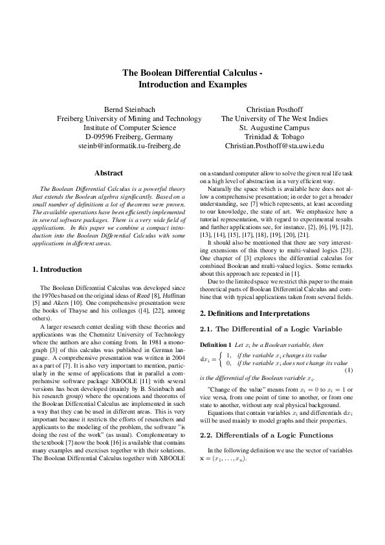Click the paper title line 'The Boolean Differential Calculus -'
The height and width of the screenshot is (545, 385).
[x=193, y=72]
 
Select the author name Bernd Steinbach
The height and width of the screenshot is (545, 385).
[x=129, y=109]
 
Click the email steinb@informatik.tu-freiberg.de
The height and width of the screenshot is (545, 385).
[x=129, y=146]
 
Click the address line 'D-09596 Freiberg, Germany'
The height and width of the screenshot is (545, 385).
[x=129, y=137]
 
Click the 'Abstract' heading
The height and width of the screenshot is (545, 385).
[x=109, y=173]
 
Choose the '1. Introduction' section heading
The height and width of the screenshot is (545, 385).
[x=57, y=269]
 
